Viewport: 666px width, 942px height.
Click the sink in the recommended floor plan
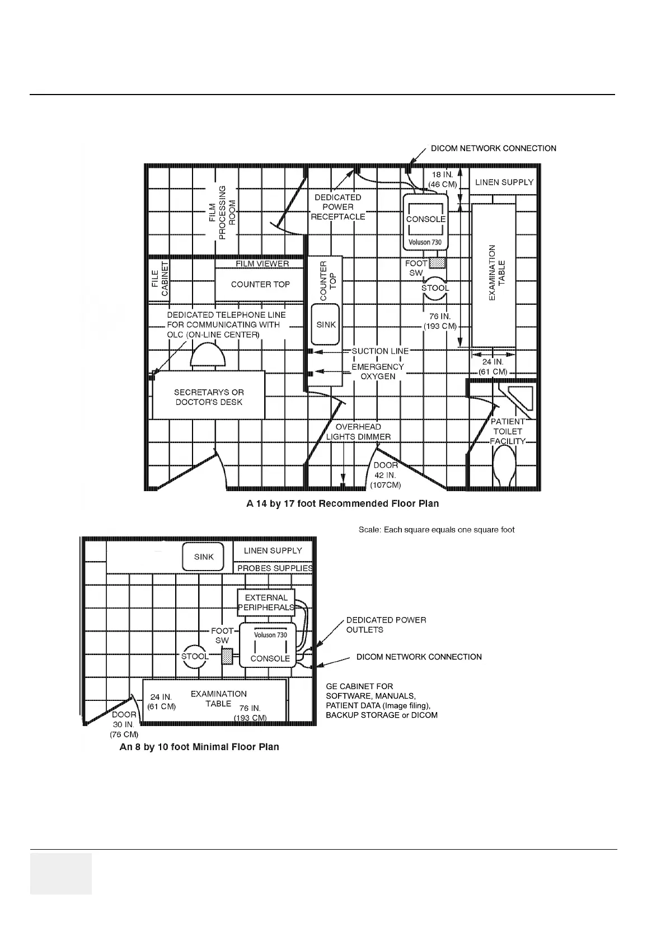coord(326,324)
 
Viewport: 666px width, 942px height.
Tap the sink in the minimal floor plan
coord(204,557)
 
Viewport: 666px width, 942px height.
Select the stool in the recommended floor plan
coord(435,288)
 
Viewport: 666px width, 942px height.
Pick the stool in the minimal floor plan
coord(195,656)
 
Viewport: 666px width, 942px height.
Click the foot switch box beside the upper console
coord(437,263)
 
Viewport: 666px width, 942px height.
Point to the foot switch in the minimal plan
coord(227,656)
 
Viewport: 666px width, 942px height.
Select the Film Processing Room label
coord(222,213)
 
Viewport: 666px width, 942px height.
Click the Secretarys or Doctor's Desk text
coord(209,397)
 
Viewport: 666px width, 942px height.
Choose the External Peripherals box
coord(266,602)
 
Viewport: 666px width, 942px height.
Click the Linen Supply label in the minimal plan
coord(273,550)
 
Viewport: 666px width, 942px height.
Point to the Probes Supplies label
coord(275,568)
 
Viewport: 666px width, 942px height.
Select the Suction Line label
coord(380,351)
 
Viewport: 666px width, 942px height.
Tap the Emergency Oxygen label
coord(378,371)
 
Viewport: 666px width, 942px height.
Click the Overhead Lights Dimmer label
coord(358,432)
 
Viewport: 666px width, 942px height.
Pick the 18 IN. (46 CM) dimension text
coord(442,180)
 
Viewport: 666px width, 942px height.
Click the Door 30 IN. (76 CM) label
coord(124,724)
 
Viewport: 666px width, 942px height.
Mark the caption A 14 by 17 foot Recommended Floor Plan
coord(343,503)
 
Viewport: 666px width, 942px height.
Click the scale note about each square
coord(437,529)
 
